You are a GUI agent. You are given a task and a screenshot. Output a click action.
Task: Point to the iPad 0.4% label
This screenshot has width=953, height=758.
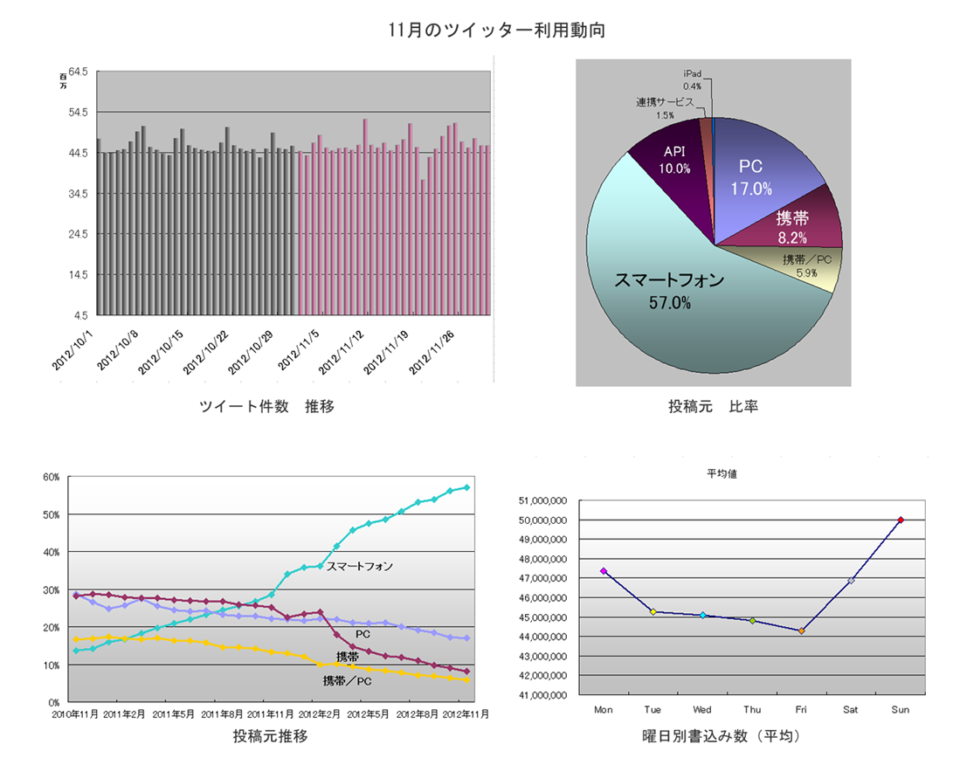coord(692,81)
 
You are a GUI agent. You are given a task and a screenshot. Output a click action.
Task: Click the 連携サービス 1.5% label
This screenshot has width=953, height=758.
coord(666,107)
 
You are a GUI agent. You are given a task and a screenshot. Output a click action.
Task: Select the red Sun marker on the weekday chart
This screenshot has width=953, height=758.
coord(901,520)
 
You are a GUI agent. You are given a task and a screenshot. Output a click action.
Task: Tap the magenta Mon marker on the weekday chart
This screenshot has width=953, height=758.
coord(603,571)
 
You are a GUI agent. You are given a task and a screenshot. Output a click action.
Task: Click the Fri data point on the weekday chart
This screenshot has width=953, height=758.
coord(801,631)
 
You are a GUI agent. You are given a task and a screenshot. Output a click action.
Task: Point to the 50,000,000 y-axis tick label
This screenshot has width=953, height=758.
coord(545,520)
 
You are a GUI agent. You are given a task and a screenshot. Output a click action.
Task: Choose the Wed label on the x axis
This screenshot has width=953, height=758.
coord(702,710)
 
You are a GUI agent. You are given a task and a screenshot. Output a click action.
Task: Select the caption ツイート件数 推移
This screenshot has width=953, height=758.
coord(267,406)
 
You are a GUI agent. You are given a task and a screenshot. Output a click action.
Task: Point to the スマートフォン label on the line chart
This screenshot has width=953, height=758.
coord(360,566)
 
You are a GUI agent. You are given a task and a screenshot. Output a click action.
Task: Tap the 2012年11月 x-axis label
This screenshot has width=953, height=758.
coord(466,713)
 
